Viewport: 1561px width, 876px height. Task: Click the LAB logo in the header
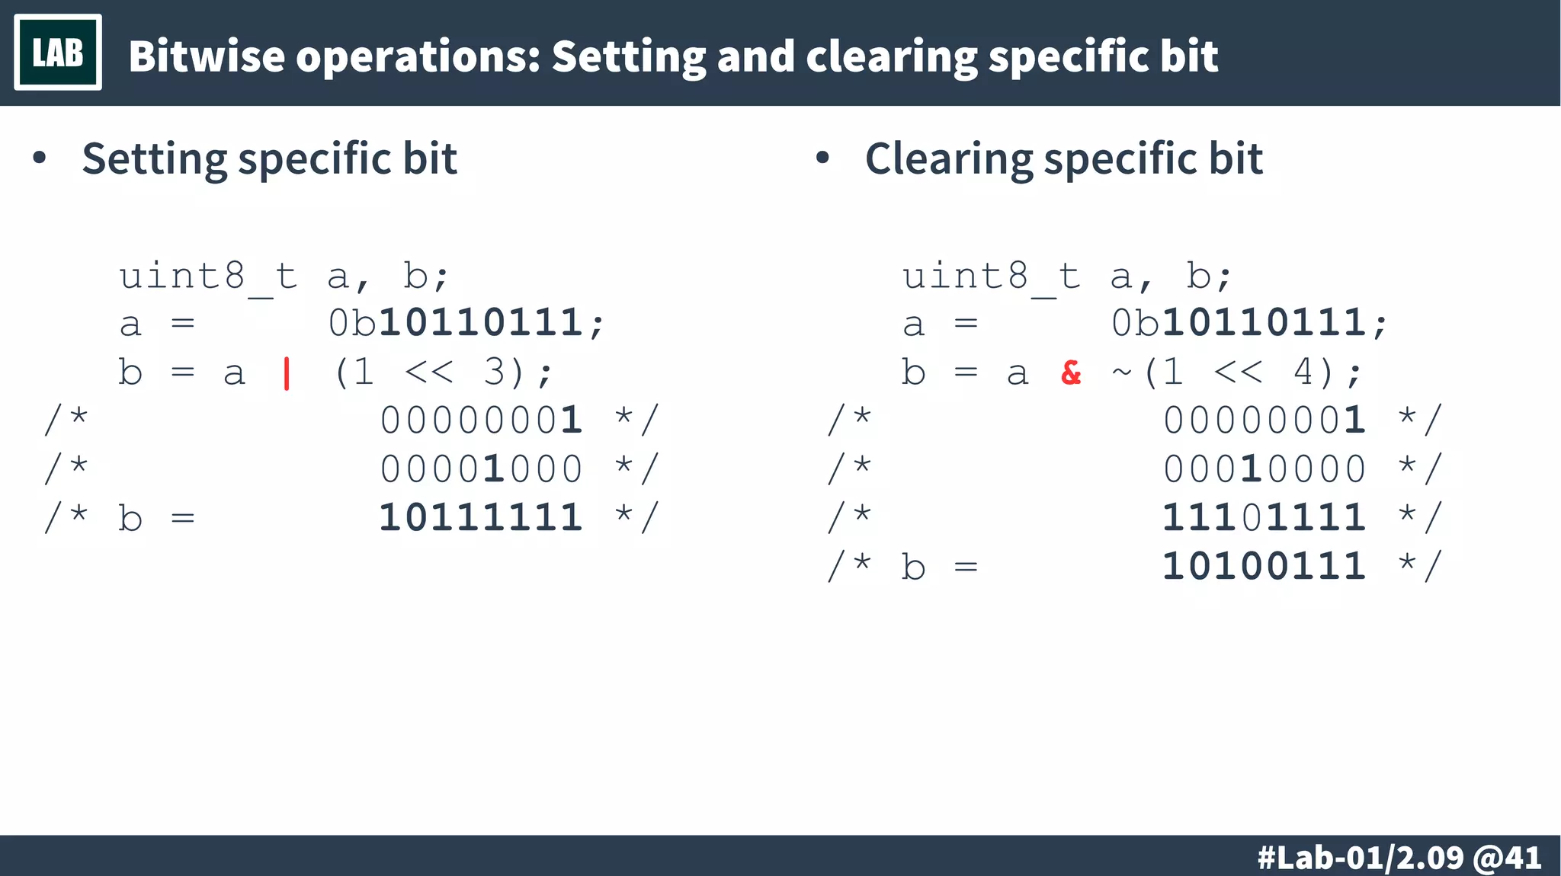58,53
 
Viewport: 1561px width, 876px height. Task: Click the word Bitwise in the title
207,56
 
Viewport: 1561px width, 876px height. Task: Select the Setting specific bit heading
269,159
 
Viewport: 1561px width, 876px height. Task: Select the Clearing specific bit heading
1063,159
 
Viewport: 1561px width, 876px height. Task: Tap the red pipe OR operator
287,373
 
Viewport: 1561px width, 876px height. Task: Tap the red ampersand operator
1071,372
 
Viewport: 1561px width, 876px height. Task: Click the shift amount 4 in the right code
1304,372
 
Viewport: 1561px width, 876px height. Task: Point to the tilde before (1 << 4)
1121,372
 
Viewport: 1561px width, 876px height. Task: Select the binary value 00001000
482,469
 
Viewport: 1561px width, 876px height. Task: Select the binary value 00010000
1265,469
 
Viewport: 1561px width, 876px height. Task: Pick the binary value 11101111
1265,518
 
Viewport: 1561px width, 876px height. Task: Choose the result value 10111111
482,518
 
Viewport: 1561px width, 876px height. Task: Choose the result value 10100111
1265,567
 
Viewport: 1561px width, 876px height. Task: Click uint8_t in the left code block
208,277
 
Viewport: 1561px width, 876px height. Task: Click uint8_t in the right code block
992,277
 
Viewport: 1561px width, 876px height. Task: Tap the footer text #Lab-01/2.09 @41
1399,858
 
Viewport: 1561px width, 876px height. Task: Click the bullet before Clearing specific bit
822,158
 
